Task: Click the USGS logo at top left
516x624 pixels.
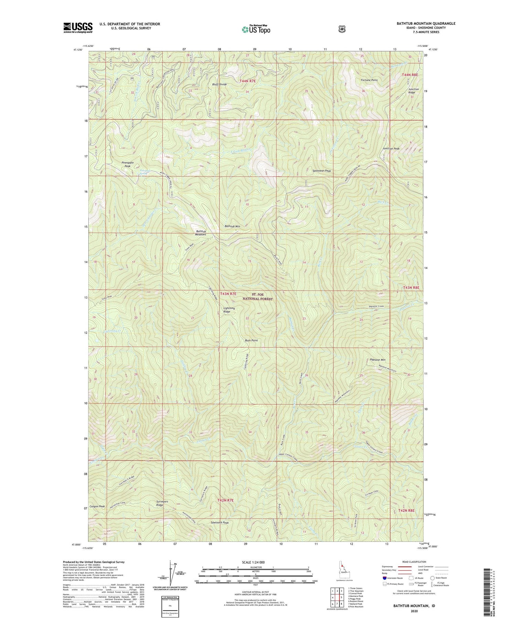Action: pyautogui.click(x=78, y=28)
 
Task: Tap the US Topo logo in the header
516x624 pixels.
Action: pyautogui.click(x=256, y=30)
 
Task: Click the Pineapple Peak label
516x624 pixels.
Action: pyautogui.click(x=127, y=164)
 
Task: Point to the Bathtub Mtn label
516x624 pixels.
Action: pyautogui.click(x=232, y=226)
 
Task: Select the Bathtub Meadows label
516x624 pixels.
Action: pyautogui.click(x=201, y=233)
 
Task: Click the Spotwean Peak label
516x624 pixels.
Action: pyautogui.click(x=322, y=171)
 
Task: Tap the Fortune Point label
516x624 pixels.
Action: pyautogui.click(x=369, y=80)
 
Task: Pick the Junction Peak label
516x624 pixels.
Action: pyautogui.click(x=391, y=149)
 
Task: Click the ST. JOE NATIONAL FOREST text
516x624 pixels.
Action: pyautogui.click(x=258, y=297)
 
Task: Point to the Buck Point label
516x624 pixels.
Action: pyautogui.click(x=251, y=340)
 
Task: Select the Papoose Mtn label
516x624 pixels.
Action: pyautogui.click(x=377, y=360)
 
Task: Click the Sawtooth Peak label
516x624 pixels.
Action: pyautogui.click(x=219, y=522)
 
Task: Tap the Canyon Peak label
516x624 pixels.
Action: pyautogui.click(x=97, y=506)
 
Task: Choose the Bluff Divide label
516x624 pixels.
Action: pyautogui.click(x=219, y=84)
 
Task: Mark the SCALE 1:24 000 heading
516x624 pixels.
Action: pyautogui.click(x=255, y=562)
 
